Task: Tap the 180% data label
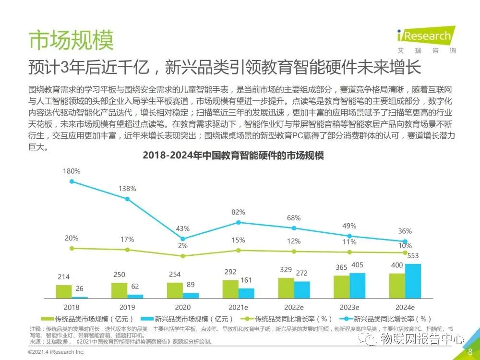tap(72, 171)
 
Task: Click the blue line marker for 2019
tap(127, 199)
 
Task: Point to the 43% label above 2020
tap(183, 228)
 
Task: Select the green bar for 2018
tap(63, 292)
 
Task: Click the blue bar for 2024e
tap(413, 281)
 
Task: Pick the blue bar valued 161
tap(246, 293)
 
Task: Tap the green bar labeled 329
tap(286, 288)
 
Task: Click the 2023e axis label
tap(349, 307)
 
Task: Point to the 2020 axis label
tap(182, 307)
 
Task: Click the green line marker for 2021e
tap(239, 250)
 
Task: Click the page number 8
tap(470, 352)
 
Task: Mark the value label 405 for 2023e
tap(358, 265)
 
